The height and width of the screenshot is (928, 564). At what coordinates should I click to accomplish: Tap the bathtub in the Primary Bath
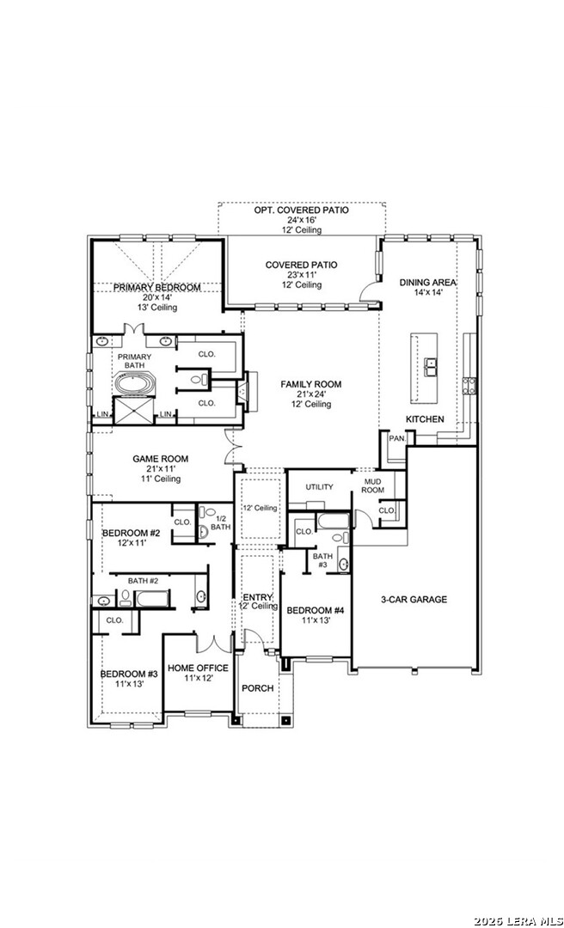(x=133, y=384)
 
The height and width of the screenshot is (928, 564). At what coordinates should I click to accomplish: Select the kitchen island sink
(x=430, y=368)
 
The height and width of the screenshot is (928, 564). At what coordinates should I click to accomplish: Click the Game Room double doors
(x=231, y=447)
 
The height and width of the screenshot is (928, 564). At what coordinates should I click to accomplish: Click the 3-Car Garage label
(x=414, y=600)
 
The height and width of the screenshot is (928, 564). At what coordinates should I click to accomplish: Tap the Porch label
(x=258, y=688)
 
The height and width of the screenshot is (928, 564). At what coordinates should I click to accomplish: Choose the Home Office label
(x=198, y=669)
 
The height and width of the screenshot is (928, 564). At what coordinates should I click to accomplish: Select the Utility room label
(x=319, y=487)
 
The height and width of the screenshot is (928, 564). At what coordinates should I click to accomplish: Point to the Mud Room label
(x=374, y=485)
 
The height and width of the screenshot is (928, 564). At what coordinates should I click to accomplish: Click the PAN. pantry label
(x=395, y=438)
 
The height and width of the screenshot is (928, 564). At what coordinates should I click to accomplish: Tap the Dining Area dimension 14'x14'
(x=427, y=293)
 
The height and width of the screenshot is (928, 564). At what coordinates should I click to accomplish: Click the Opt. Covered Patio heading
(x=302, y=211)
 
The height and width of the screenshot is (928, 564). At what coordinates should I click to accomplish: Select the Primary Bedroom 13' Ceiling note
(x=156, y=308)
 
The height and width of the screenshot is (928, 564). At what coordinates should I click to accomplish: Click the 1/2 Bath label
(x=220, y=522)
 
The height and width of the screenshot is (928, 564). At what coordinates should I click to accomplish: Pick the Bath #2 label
(x=144, y=581)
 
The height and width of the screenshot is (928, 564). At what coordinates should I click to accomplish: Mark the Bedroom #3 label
(x=129, y=674)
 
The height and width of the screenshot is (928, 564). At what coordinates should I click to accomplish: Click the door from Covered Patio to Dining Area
(x=371, y=291)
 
